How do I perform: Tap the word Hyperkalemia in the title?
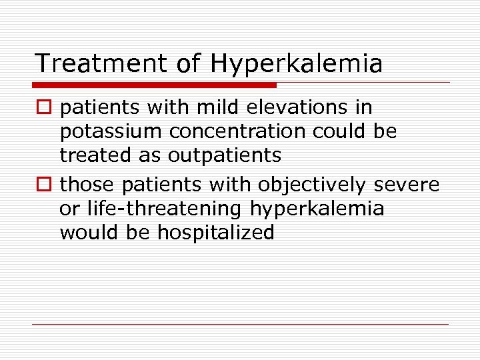pos(297,64)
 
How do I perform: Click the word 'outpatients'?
pos(225,156)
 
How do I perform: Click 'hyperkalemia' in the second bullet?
pos(317,209)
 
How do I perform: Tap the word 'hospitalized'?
pos(216,233)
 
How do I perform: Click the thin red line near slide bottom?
pos(240,325)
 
